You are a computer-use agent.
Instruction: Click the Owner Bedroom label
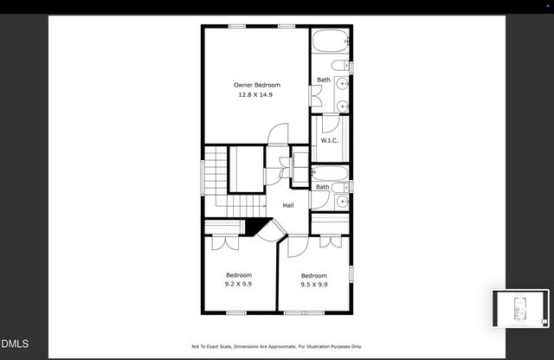tap(257, 85)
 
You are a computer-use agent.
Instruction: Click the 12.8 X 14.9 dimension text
tap(257, 94)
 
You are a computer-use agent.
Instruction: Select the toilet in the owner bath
tap(340, 67)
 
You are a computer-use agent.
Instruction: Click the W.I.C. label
tap(329, 140)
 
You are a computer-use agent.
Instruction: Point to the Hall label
tap(287, 205)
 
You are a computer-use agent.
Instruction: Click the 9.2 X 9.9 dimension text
tap(238, 284)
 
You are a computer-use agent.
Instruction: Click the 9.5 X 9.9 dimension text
tap(313, 284)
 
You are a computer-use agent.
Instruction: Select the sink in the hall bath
tap(342, 202)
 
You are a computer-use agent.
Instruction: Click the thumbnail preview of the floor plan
tap(520, 309)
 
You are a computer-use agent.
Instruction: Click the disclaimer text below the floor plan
tap(277, 346)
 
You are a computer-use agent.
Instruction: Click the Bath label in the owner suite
tap(323, 80)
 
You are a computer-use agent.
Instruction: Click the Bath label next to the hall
tap(322, 187)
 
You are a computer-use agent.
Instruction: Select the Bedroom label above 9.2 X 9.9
tap(238, 275)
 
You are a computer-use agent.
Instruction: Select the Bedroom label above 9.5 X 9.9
tap(313, 275)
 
